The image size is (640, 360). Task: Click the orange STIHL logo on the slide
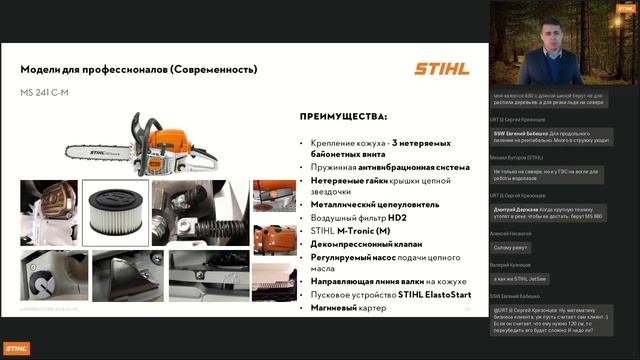click(x=439, y=68)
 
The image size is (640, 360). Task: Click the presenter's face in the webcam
click(x=548, y=29)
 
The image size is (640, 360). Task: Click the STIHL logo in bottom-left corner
click(x=17, y=348)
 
